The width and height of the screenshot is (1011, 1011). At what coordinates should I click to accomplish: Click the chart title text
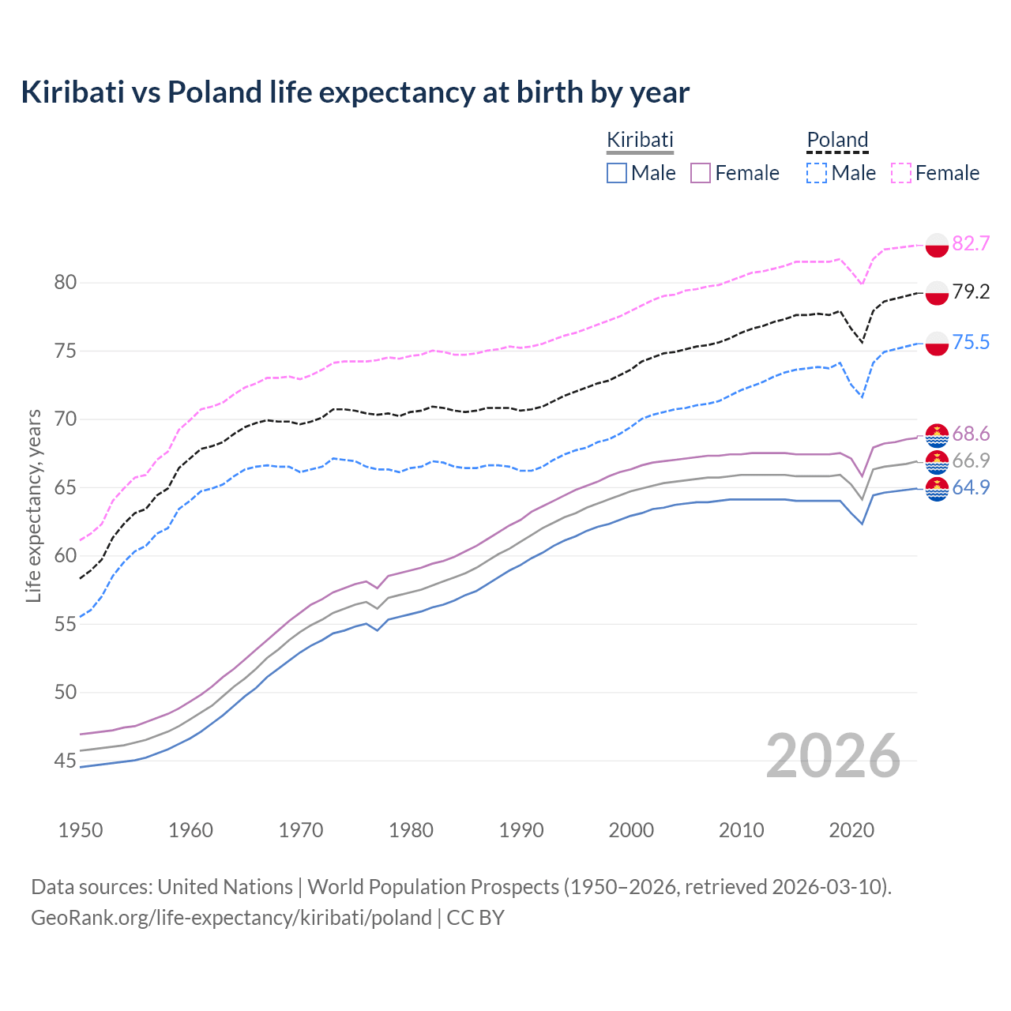[355, 92]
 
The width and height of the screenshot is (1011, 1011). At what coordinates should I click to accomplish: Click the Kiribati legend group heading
[640, 140]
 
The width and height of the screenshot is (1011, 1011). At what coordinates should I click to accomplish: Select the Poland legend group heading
[837, 140]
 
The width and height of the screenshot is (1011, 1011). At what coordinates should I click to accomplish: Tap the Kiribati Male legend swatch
[617, 173]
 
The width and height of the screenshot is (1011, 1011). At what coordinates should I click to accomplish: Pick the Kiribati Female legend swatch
[701, 173]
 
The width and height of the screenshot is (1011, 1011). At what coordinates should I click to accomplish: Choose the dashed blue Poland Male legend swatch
[817, 173]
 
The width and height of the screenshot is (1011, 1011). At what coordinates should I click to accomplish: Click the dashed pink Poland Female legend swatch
[901, 173]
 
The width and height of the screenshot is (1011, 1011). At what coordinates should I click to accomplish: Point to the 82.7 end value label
[971, 243]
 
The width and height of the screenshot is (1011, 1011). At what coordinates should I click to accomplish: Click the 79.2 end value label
[971, 292]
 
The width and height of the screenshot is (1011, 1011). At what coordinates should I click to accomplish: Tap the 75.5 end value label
[971, 342]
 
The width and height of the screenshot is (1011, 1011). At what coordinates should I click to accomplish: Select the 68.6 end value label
[971, 434]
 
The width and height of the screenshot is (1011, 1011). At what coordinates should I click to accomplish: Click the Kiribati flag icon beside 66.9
[937, 461]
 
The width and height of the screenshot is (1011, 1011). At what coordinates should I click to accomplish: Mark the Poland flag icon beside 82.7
[937, 245]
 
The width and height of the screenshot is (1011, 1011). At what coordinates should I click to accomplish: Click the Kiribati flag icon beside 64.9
[937, 489]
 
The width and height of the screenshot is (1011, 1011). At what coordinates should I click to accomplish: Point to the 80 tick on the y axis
[66, 282]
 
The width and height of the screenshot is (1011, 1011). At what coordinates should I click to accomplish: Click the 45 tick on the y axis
[66, 761]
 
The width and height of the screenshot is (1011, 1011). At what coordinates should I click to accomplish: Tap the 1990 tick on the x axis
[521, 830]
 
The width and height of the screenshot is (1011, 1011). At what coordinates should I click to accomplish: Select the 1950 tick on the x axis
[81, 830]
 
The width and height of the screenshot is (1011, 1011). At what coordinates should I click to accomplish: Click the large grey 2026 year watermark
[833, 756]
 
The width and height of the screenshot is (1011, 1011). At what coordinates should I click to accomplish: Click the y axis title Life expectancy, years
[33, 505]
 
